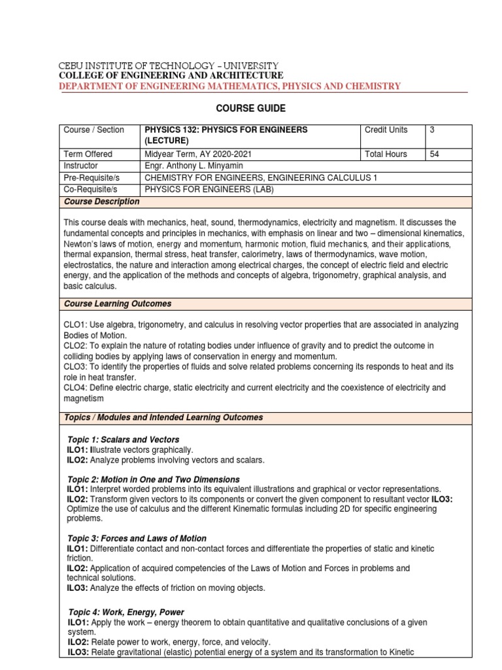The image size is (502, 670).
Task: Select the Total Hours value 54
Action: (435, 154)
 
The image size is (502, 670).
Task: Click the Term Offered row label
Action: (88, 154)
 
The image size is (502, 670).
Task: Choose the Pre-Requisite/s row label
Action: (93, 178)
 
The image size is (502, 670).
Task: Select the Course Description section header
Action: (101, 202)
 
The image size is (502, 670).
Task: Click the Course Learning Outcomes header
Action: (118, 304)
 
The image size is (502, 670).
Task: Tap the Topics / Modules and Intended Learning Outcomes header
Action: (163, 417)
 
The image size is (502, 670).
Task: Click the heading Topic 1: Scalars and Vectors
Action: (124, 439)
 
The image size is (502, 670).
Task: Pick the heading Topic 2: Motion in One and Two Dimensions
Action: (154, 480)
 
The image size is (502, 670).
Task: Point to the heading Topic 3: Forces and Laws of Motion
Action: (137, 538)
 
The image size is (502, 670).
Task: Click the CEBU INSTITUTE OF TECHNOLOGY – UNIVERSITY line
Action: (169, 66)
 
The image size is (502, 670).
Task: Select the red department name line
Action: (230, 86)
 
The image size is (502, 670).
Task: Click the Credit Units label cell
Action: (386, 130)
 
